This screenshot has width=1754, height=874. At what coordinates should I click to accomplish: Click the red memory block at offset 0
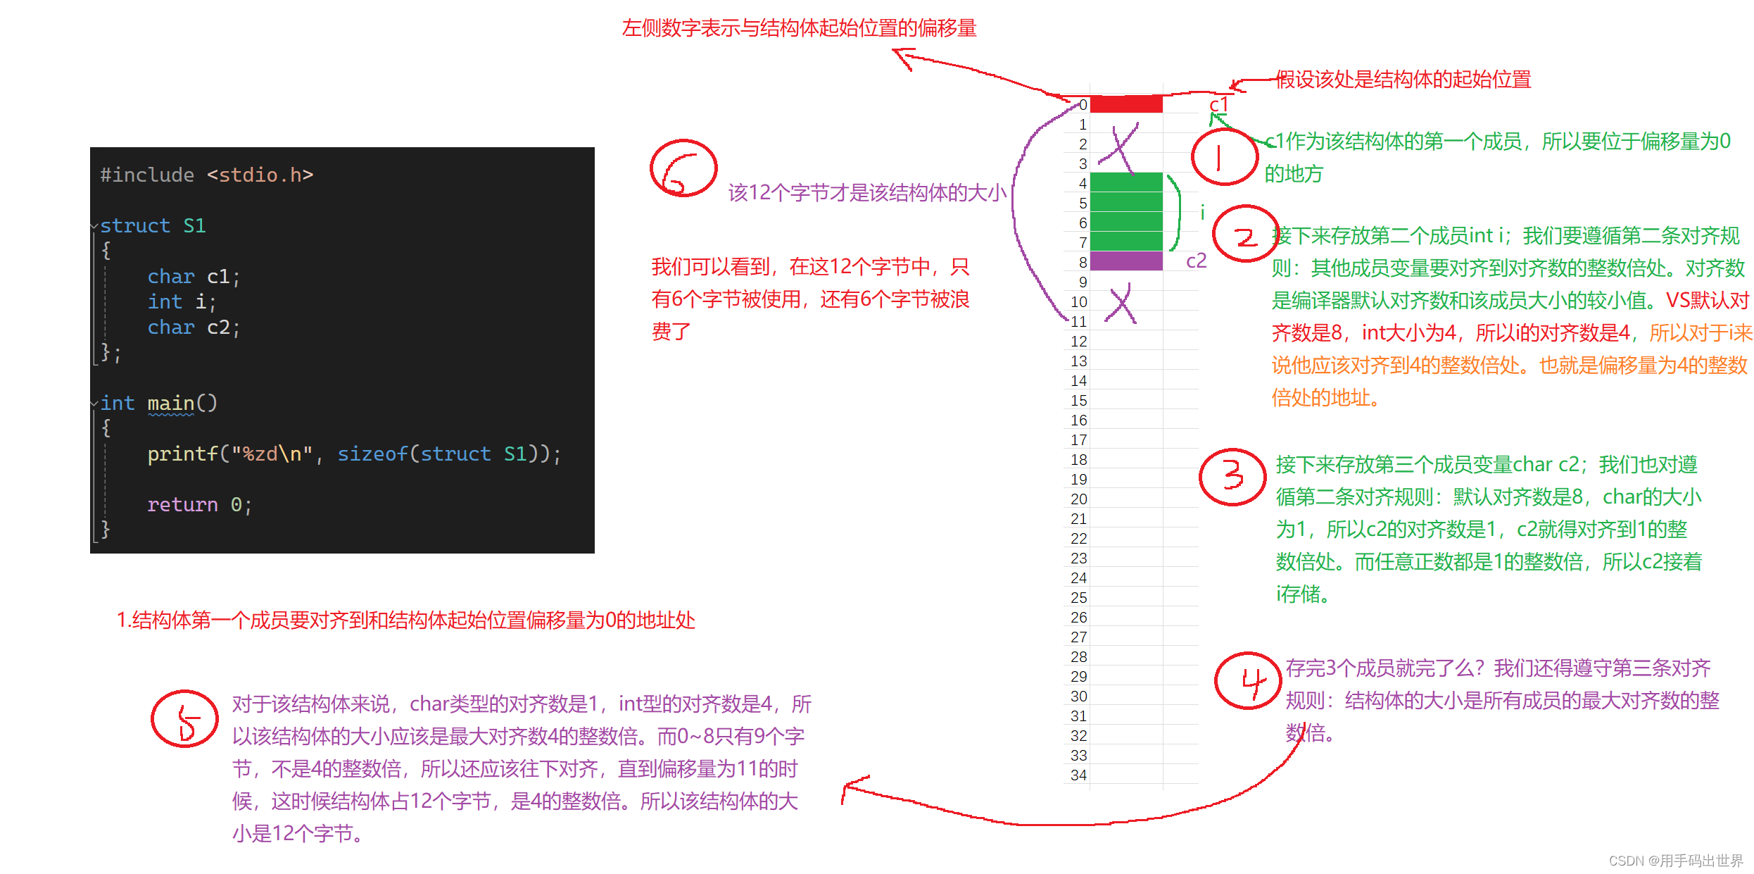tap(1125, 104)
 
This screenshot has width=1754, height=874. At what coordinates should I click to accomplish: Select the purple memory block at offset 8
tap(1125, 261)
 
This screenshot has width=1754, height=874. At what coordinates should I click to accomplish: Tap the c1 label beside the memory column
tap(1218, 105)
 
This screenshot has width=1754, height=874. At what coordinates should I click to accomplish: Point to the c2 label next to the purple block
tap(1196, 261)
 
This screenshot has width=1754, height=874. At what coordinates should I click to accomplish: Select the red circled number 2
tap(1244, 235)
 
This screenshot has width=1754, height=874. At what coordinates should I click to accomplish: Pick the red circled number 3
tap(1232, 477)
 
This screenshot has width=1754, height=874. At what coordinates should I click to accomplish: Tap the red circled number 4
tap(1248, 681)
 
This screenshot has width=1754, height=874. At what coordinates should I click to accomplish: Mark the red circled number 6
tap(683, 169)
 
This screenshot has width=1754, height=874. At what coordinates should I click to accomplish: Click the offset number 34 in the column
tap(1078, 775)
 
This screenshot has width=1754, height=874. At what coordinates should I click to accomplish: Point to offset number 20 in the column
tap(1078, 499)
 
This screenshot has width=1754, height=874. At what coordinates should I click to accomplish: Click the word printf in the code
tap(182, 454)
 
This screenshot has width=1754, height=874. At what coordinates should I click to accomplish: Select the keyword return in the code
tap(182, 505)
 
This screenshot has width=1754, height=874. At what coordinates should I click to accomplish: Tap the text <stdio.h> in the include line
tap(260, 175)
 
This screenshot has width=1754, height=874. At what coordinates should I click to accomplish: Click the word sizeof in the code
tap(372, 454)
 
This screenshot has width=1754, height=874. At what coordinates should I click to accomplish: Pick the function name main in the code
tap(170, 404)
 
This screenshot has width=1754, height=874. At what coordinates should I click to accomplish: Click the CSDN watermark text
tap(1675, 861)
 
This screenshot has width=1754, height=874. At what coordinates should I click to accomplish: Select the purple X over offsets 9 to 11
tap(1121, 304)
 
